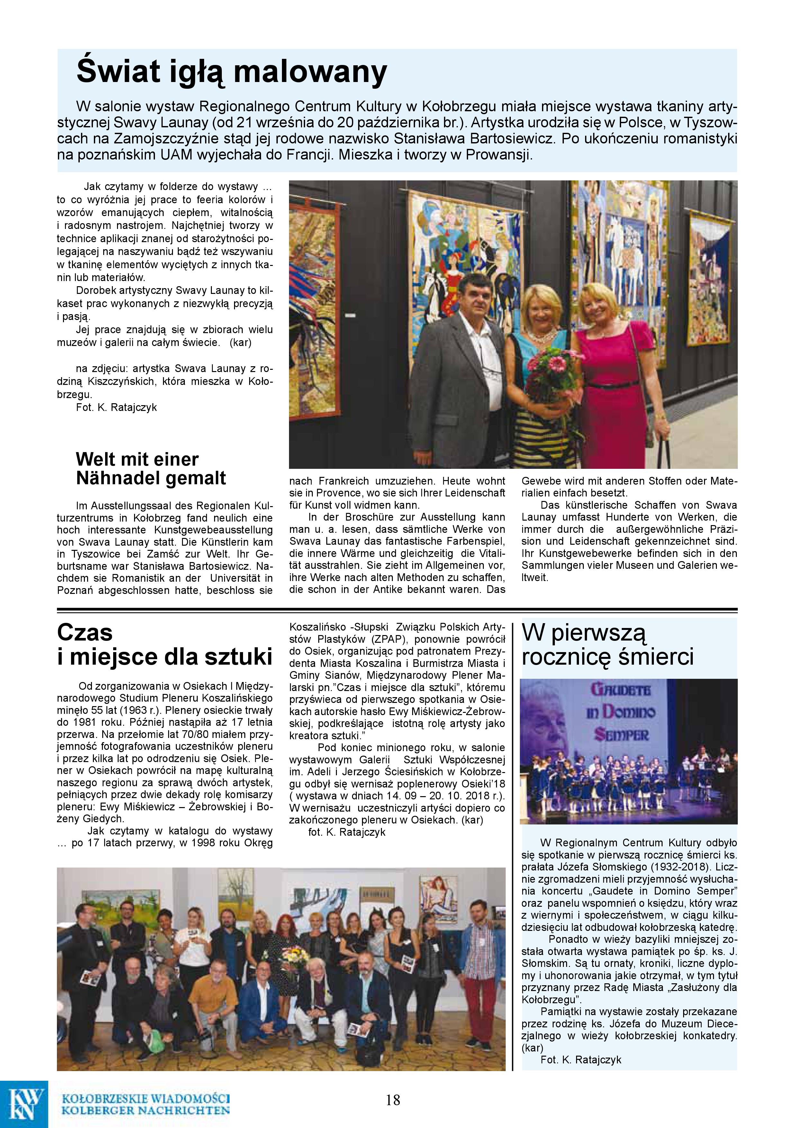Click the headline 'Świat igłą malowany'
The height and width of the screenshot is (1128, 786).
coord(231,72)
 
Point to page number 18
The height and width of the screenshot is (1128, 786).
coord(393,1099)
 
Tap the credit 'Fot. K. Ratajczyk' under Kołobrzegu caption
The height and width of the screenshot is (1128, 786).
coord(116,407)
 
